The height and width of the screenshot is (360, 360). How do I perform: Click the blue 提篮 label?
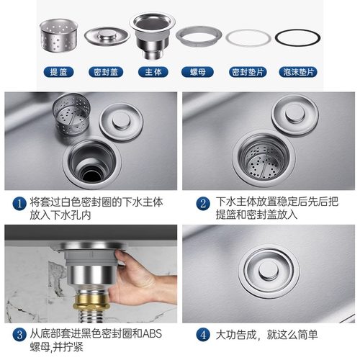pos(57,73)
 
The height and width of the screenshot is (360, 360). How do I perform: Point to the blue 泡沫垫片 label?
pos(297,73)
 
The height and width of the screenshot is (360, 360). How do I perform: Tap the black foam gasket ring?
pos(297,38)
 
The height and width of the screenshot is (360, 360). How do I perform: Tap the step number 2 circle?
pos(204,204)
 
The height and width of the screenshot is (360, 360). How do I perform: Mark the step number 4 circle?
pos(204,336)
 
